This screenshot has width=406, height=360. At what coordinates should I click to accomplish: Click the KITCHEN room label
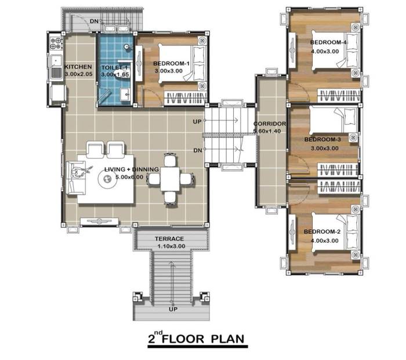click(x=78, y=67)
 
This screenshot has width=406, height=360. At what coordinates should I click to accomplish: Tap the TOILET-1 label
click(x=114, y=68)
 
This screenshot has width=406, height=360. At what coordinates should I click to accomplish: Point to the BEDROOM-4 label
click(x=329, y=42)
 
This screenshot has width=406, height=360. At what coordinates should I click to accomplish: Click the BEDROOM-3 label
click(x=322, y=140)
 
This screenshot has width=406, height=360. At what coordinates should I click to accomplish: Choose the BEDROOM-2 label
click(x=322, y=232)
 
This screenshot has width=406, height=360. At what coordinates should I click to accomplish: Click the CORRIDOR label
click(x=270, y=124)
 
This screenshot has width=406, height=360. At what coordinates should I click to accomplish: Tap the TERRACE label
click(x=169, y=239)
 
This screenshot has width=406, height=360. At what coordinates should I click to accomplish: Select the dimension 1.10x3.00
click(x=171, y=246)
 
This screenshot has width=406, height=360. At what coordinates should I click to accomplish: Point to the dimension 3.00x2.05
click(x=78, y=74)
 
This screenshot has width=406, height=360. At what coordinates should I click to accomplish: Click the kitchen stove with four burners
click(x=56, y=43)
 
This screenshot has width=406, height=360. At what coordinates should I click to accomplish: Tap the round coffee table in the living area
click(x=107, y=178)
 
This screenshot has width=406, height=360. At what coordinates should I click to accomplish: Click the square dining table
click(x=171, y=179)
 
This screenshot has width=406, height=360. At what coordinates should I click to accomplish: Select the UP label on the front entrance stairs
click(x=173, y=309)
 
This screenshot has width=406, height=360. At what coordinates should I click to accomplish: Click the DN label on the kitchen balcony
click(x=94, y=21)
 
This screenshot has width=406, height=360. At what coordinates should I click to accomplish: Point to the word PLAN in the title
click(x=227, y=339)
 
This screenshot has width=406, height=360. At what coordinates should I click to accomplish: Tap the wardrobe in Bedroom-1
click(x=186, y=99)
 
